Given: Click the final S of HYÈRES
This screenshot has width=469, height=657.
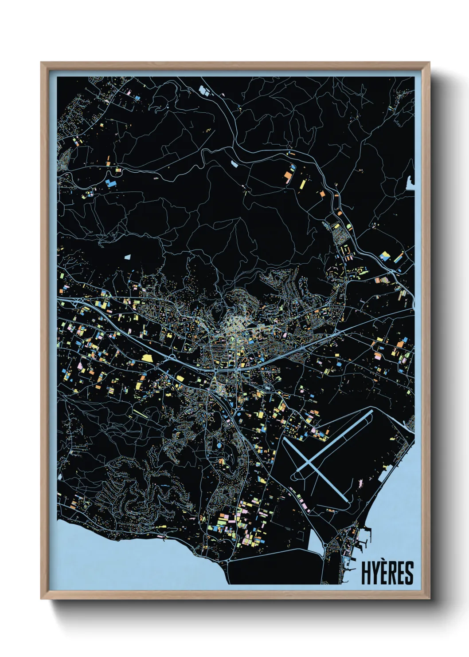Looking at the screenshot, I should pos(409,573).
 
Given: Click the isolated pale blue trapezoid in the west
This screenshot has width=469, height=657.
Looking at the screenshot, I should pos(128,257).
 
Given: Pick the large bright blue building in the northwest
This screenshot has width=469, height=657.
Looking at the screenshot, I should pos(110,183).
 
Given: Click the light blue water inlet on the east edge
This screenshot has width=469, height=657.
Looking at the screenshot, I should pos(410,182).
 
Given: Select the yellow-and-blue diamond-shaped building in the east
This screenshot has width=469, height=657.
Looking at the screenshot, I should pos(385,256).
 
